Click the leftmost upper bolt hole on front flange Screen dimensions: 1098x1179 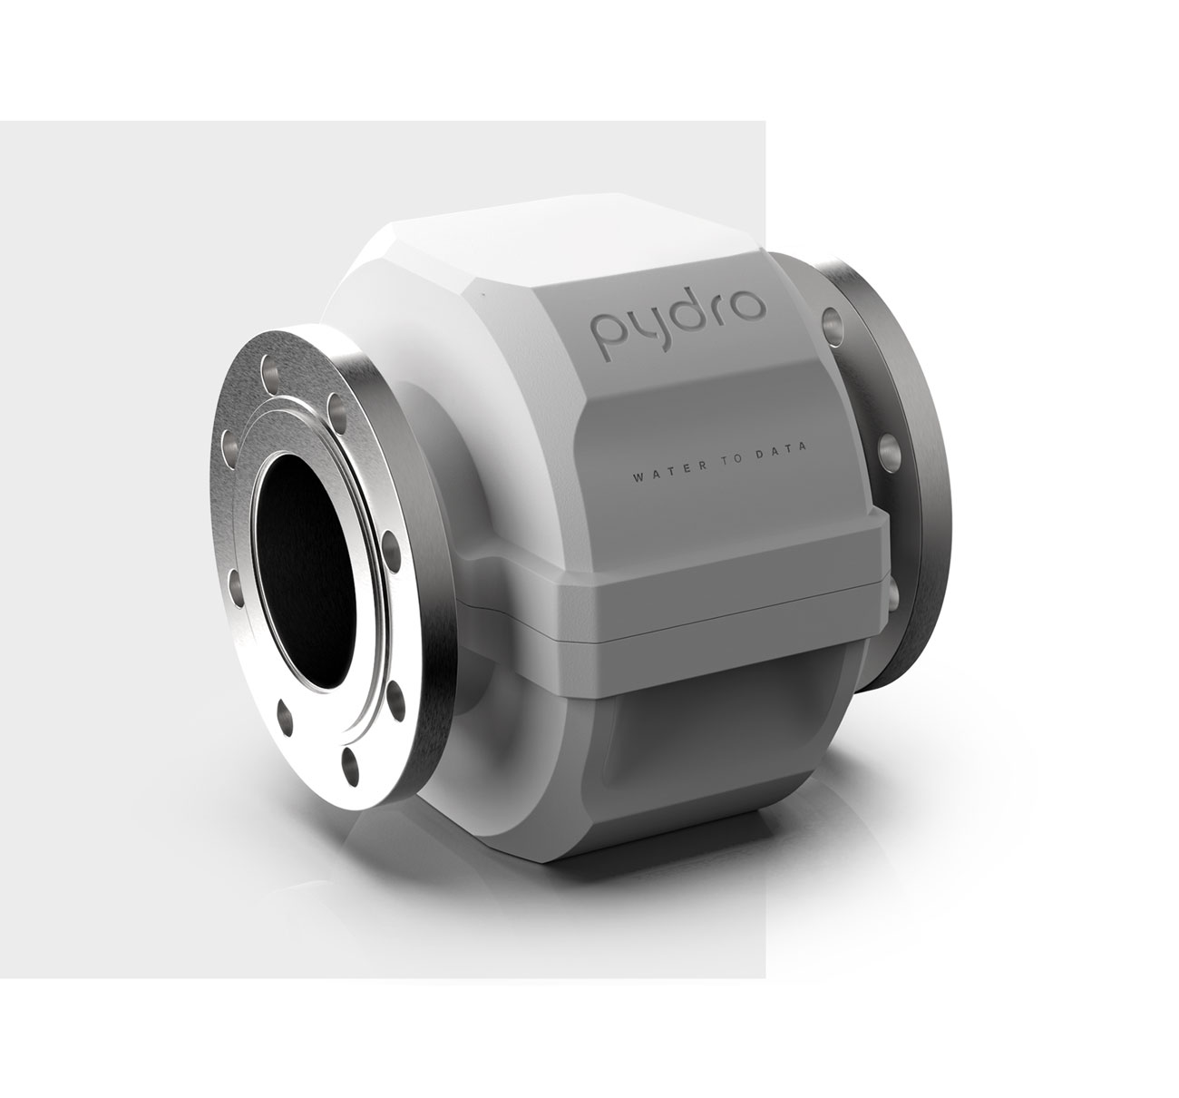click(229, 446)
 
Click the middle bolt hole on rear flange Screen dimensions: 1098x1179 click(889, 450)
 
